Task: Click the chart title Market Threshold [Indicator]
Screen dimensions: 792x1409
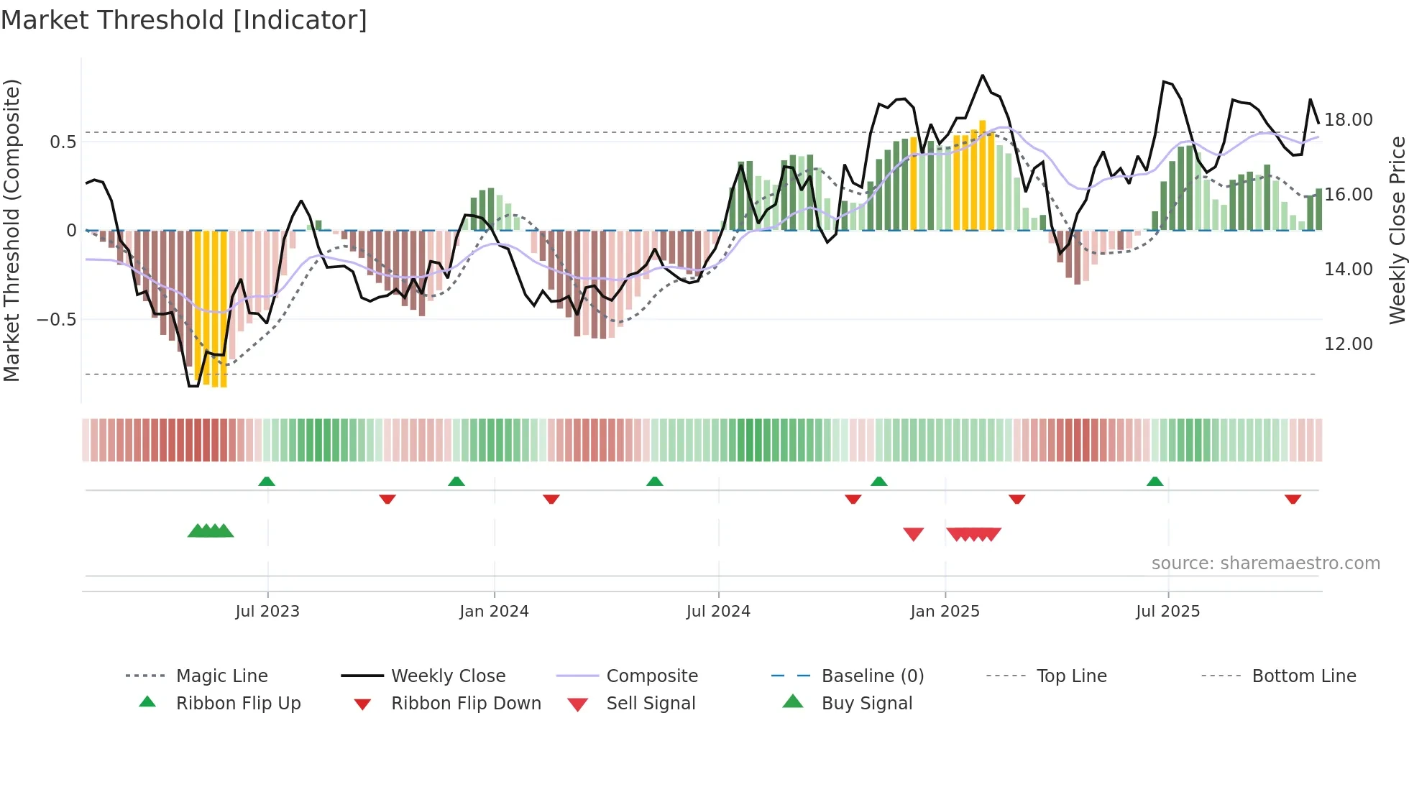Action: [184, 20]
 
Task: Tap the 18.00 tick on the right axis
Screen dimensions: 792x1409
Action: [1348, 120]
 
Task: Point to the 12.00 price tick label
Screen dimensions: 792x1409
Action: [1348, 344]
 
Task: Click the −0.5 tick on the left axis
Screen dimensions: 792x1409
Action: [56, 319]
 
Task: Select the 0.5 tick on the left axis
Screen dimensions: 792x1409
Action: [63, 142]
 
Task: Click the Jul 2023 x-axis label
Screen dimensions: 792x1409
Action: [267, 612]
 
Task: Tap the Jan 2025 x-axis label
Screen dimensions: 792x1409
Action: [945, 612]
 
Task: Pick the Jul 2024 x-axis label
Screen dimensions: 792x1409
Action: [718, 612]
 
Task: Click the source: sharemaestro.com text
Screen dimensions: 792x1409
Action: [1265, 563]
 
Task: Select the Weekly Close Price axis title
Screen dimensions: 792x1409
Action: [1397, 230]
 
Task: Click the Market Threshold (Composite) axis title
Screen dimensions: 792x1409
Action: [12, 230]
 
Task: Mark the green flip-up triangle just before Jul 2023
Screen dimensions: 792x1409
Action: [267, 482]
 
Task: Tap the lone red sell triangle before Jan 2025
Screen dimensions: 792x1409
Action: [913, 534]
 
